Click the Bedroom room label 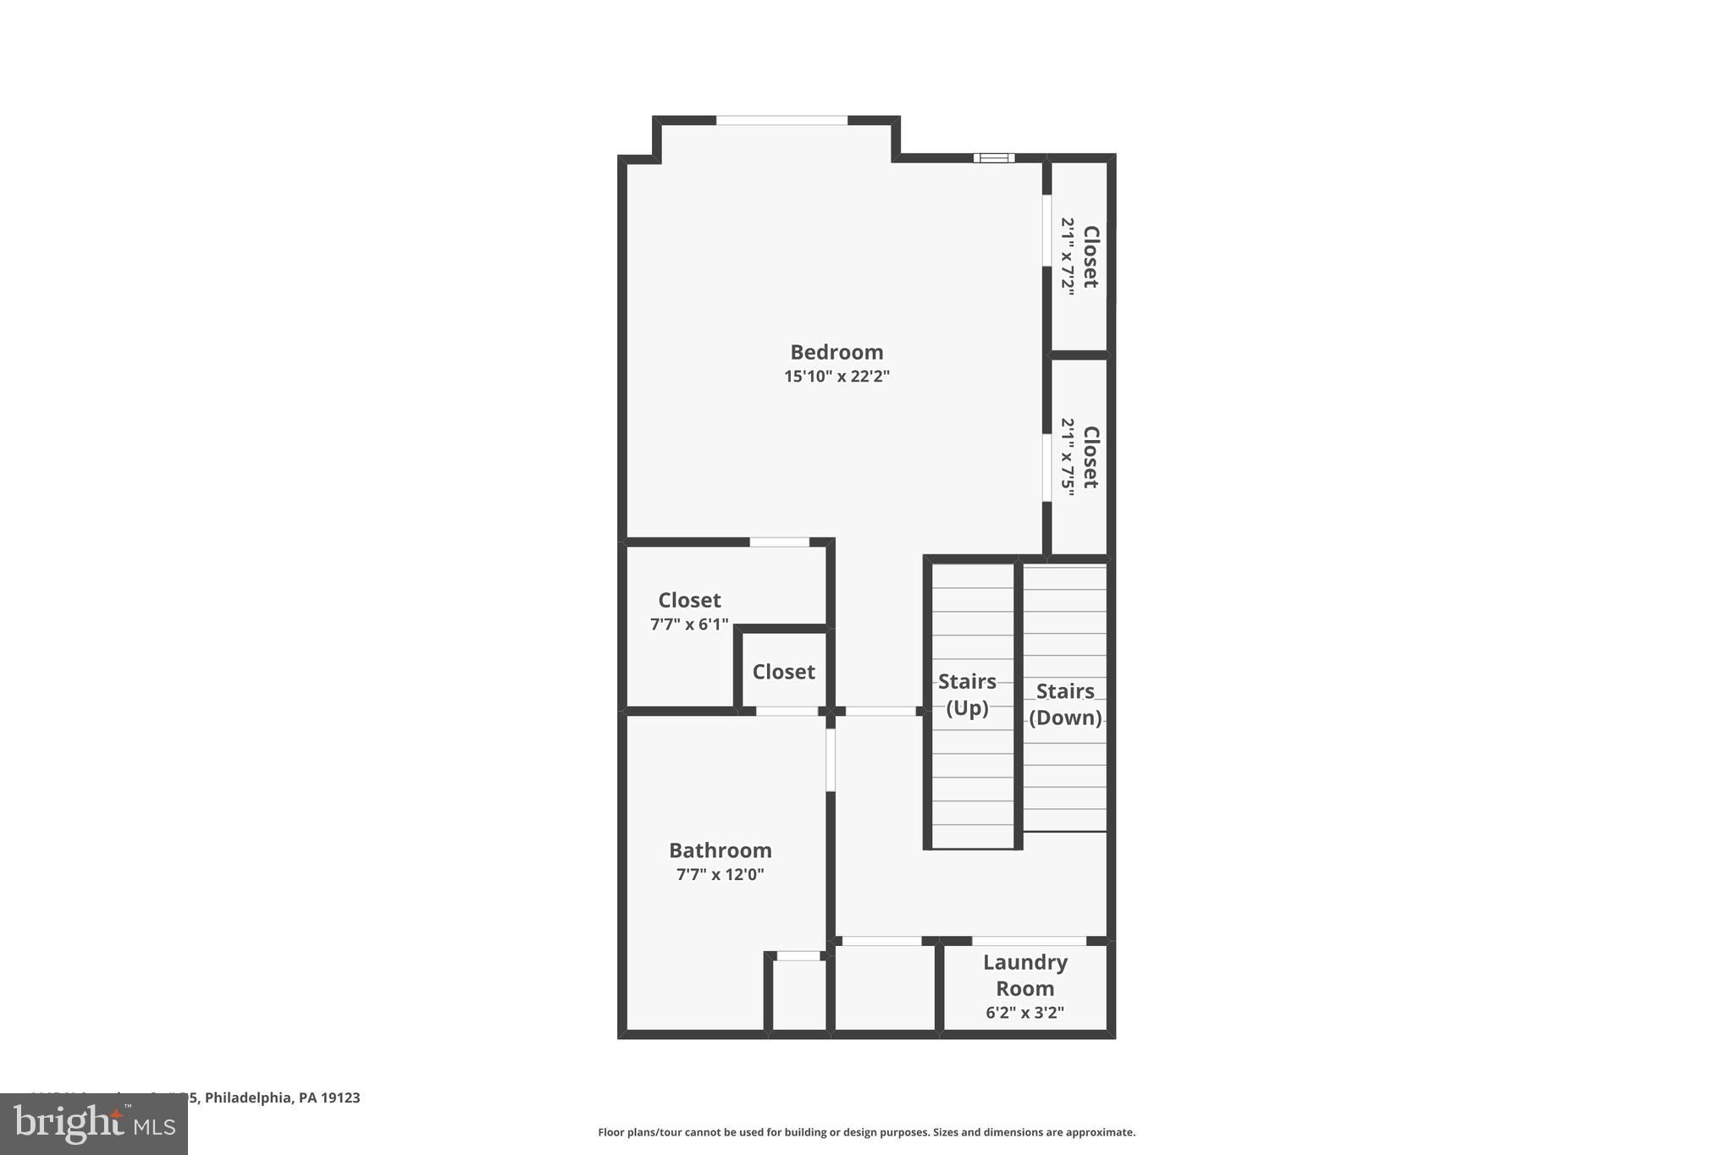tap(837, 352)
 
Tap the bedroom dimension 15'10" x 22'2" tap(837, 377)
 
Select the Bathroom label tap(720, 850)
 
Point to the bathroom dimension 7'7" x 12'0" tap(720, 875)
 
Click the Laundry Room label tap(1024, 975)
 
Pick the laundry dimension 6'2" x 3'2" tap(1024, 1013)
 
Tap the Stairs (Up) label tap(967, 694)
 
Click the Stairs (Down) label tap(1065, 704)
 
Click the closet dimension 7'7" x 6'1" tap(688, 624)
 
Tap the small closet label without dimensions tap(783, 672)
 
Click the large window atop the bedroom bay tap(781, 120)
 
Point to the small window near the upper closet tap(993, 157)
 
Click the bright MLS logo tap(94, 1124)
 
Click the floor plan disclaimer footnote tap(866, 1132)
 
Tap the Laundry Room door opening tap(1029, 941)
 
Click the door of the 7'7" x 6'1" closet tap(779, 542)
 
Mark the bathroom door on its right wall tap(831, 760)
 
